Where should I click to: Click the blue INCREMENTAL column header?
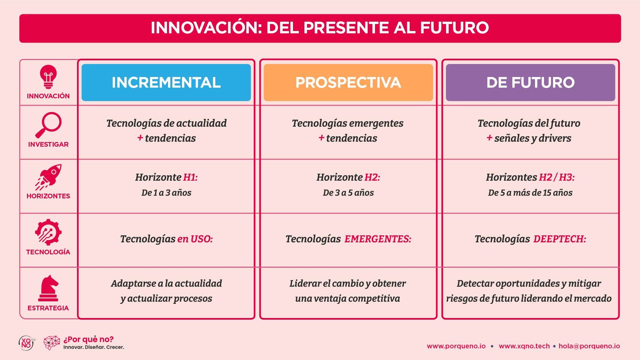point(166,82)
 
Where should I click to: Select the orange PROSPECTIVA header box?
point(348,82)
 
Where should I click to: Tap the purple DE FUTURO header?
point(531,82)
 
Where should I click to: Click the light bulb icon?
point(48,77)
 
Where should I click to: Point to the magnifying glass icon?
point(48,125)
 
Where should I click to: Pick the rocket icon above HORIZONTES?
point(48,177)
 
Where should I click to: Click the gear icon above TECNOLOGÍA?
point(48,232)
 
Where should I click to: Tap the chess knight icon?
point(48,288)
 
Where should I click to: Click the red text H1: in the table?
point(190,178)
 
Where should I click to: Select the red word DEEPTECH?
point(560,239)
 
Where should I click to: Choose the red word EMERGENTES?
point(378,239)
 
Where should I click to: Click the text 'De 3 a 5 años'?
point(348,193)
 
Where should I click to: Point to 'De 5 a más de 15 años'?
point(530,193)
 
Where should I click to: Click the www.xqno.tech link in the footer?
point(524,346)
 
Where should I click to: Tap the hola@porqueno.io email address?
point(589,346)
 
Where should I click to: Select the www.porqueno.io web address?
point(456,346)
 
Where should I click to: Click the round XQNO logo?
point(27,343)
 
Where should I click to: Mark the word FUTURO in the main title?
point(454,28)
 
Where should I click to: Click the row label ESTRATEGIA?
point(48,308)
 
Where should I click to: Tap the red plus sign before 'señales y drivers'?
point(490,138)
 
